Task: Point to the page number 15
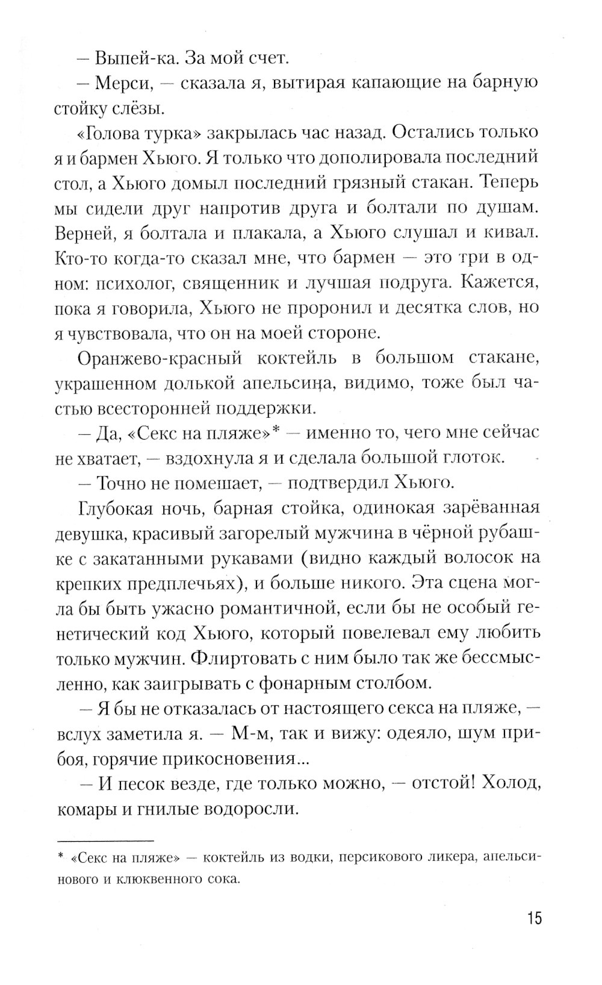tap(534, 919)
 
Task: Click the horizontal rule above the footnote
tap(105, 839)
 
